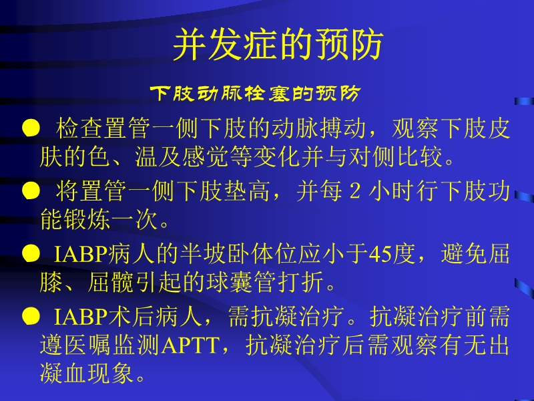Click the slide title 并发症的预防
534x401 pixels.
(x=278, y=45)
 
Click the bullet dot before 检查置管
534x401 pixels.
(x=29, y=128)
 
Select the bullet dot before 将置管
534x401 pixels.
(x=29, y=192)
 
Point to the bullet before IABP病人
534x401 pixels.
(x=29, y=254)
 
